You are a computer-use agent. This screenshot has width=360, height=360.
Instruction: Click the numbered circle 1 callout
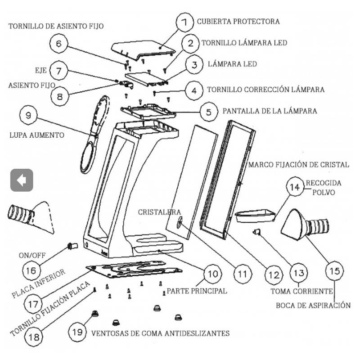point(185,22)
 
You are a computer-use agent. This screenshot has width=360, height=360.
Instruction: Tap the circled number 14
point(295,186)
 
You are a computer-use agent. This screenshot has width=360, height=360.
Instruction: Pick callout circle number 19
point(77,332)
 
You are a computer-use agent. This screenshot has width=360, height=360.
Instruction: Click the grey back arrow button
point(22,180)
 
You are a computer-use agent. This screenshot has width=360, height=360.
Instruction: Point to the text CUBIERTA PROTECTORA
point(238,21)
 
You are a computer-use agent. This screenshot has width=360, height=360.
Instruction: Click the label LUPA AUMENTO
point(37,135)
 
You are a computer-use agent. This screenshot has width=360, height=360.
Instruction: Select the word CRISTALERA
point(159,212)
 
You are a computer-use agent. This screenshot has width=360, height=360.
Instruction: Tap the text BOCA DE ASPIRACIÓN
point(313,306)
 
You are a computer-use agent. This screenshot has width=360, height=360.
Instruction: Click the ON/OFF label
point(32,255)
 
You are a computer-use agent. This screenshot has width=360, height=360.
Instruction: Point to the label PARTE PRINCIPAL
point(197,291)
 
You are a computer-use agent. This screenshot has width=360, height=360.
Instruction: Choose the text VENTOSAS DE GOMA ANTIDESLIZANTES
point(161,333)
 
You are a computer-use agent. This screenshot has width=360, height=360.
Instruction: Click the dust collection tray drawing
point(255,216)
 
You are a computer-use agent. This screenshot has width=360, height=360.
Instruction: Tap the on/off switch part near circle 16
point(72,246)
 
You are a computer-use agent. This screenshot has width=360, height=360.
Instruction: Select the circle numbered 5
point(209,112)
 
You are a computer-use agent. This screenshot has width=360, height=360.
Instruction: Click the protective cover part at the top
point(142,49)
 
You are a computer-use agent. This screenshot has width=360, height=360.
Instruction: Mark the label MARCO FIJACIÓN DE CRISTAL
point(298,165)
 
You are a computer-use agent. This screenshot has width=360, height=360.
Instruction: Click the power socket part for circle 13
point(256,232)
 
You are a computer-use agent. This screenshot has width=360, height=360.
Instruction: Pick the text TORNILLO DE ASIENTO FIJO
point(56,26)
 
